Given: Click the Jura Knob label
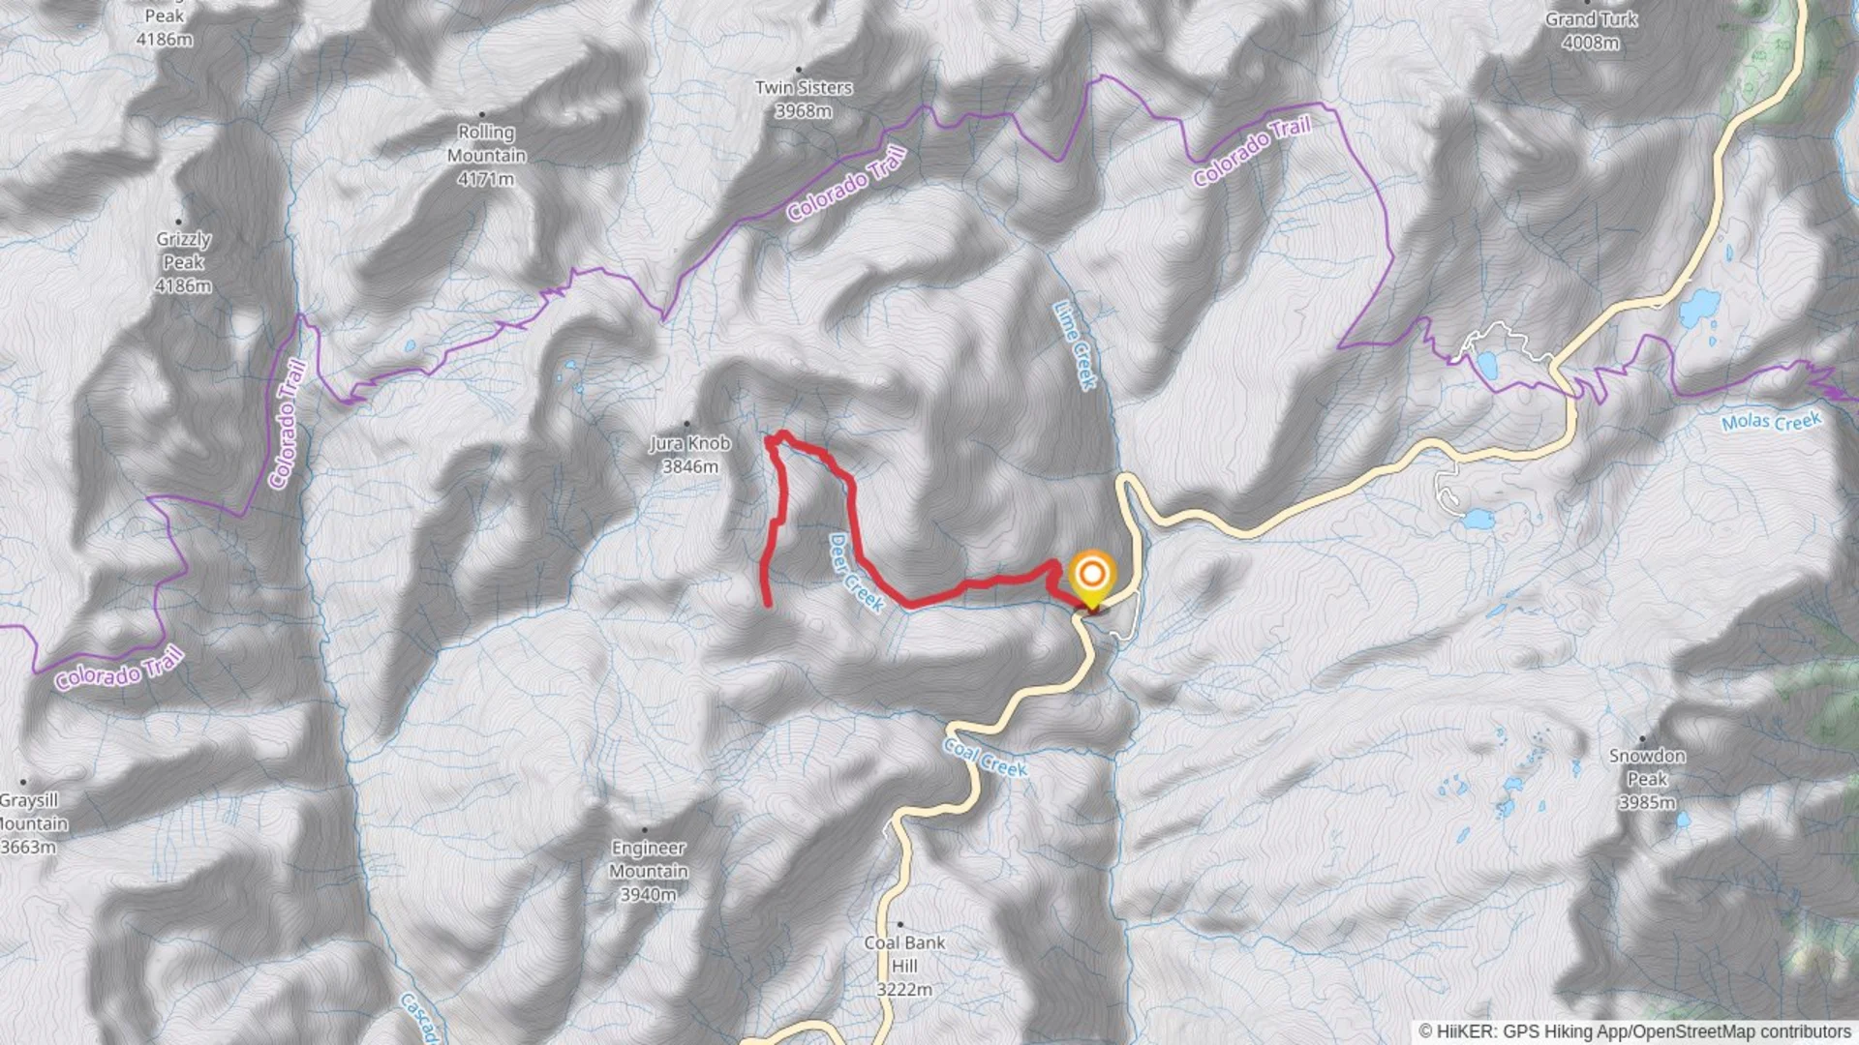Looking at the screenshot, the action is pos(689,443).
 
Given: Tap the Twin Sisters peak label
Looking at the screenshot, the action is pos(804,88).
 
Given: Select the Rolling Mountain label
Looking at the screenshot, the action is pos(486,143).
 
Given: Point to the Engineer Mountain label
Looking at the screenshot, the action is pos(649,859).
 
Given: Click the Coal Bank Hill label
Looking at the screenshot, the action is pos(904,954).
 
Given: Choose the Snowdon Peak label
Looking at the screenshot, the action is pos(1647,767).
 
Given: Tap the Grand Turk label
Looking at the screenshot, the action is pos(1591,19).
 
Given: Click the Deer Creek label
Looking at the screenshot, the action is pos(856,573).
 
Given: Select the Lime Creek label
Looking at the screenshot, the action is pos(1075,345).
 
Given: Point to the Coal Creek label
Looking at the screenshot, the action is pos(986,758).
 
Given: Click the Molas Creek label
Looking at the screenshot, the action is pos(1771,422).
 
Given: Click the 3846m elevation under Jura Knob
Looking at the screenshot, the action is pos(689,467).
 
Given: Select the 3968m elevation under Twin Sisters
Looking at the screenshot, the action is pos(803,111).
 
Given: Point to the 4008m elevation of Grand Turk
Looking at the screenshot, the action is pos(1590,43).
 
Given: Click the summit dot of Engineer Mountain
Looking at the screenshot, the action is pos(644,829).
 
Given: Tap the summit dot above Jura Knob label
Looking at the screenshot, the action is pos(687,424).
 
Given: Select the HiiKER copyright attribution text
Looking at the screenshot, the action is pos(1635,1031).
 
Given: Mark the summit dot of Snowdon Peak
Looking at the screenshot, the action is pos(1642,738).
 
